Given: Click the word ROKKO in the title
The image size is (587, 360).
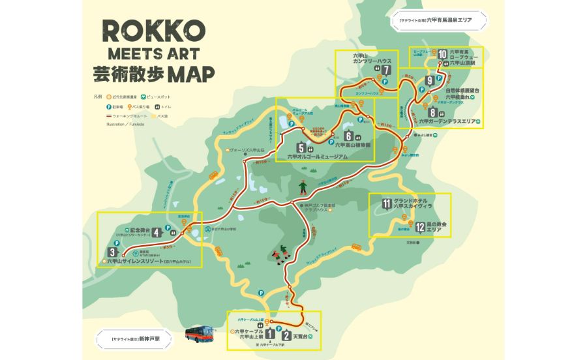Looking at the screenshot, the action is (154, 30).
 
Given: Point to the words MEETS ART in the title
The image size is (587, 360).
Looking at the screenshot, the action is (154, 53).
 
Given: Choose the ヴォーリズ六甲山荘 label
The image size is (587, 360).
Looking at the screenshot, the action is (250, 151).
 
